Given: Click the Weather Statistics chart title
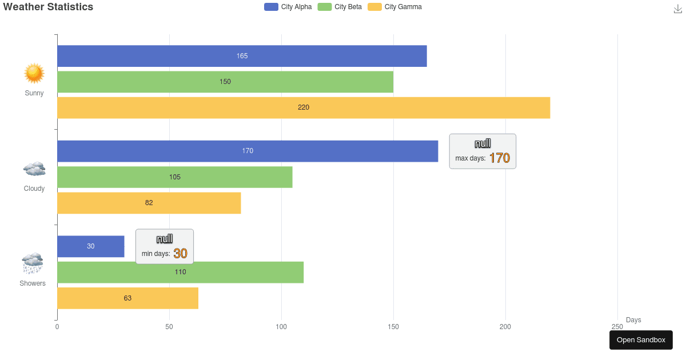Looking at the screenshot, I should [x=48, y=7].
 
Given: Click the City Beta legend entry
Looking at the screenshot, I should [x=340, y=7].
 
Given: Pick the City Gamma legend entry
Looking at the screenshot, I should [x=394, y=7].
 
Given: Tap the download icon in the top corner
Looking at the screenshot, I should [x=678, y=9].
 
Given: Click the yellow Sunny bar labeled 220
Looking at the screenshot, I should [x=304, y=107].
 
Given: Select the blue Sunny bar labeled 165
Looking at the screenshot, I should [x=242, y=56].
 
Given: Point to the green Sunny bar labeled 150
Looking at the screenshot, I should [x=225, y=82].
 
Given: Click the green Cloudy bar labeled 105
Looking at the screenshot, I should [x=175, y=177].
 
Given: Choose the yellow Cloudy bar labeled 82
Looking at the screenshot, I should [x=149, y=203].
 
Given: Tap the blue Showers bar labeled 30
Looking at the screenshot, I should [x=90, y=246].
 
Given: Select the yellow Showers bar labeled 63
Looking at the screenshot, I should [x=127, y=298].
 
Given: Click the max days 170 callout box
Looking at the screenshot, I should [x=482, y=151].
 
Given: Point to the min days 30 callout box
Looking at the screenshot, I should [x=164, y=247].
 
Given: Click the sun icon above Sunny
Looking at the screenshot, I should [x=34, y=74].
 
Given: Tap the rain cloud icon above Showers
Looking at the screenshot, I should [x=33, y=263].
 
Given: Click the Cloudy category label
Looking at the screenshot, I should [x=34, y=189].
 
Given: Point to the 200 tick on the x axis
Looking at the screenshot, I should [x=505, y=327].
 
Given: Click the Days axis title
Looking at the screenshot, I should [x=633, y=320].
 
